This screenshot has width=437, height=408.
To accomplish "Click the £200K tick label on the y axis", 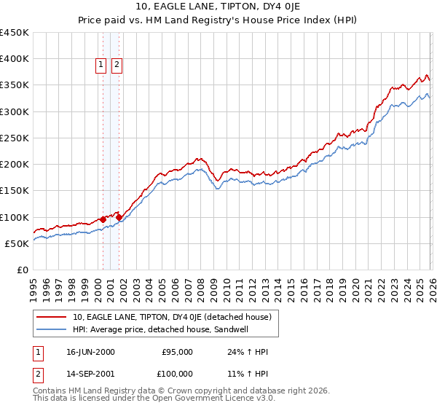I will tap(15, 165).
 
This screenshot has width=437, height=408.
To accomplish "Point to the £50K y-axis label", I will tap(17, 243).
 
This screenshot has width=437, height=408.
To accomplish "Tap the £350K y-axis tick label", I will tap(15, 85).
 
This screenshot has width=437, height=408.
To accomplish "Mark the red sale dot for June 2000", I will tap(103, 219).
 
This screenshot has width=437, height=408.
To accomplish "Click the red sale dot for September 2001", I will tap(119, 217).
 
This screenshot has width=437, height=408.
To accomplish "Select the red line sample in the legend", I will tap(52, 317).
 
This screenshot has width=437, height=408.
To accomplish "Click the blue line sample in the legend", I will tap(52, 329).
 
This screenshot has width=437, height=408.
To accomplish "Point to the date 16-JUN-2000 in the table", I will tap(90, 352).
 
